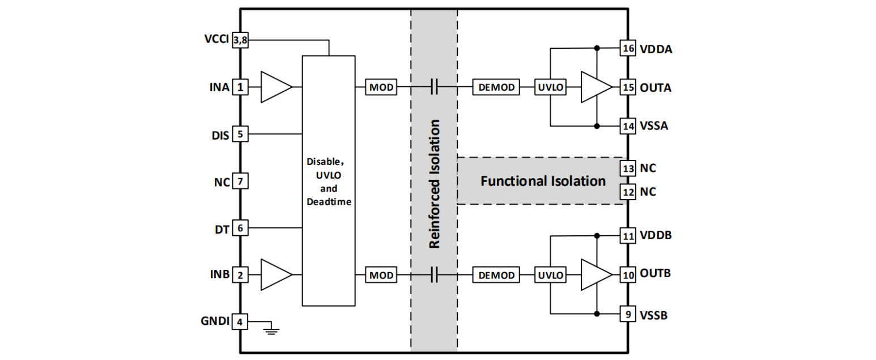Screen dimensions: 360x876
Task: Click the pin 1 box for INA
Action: pos(241,88)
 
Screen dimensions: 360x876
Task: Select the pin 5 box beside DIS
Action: pos(241,135)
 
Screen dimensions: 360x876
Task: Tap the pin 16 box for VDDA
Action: pos(627,49)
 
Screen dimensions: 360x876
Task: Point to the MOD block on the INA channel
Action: pos(381,88)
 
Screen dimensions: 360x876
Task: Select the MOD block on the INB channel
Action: pos(381,276)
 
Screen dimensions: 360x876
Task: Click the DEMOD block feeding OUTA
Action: pos(496,88)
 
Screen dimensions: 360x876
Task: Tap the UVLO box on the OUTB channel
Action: pos(551,276)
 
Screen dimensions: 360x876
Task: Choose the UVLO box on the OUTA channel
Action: pos(551,88)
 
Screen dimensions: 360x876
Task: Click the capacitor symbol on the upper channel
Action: pos(435,88)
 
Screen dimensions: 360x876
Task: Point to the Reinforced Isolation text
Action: pos(435,184)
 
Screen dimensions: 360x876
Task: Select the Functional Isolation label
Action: pos(543,181)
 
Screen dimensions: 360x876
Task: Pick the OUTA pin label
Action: pos(656,88)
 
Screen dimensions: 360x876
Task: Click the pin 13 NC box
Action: pos(627,168)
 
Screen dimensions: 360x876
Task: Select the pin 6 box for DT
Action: pos(241,228)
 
